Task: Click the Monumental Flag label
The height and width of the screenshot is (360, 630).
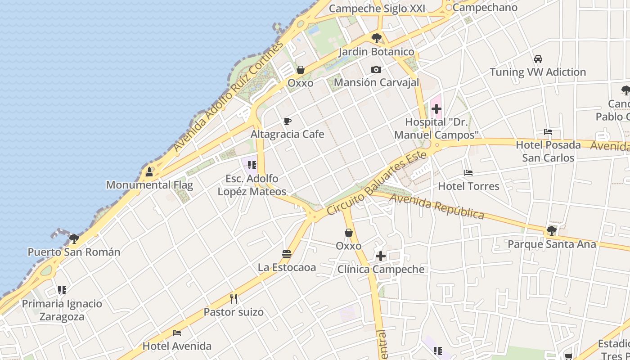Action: [149, 185]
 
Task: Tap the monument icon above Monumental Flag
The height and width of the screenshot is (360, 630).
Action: [149, 171]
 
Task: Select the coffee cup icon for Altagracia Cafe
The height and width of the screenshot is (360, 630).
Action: [287, 121]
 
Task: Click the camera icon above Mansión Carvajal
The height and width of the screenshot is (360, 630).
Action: [376, 69]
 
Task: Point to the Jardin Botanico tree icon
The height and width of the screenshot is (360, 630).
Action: [376, 38]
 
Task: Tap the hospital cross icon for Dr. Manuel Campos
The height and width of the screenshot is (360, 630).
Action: [436, 109]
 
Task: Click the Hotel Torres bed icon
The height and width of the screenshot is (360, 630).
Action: [468, 173]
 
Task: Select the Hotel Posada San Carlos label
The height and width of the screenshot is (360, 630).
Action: [548, 151]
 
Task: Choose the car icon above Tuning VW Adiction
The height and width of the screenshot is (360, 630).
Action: [538, 59]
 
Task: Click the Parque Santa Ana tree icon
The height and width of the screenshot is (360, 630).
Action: [551, 231]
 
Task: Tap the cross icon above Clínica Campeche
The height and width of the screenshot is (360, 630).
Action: [381, 256]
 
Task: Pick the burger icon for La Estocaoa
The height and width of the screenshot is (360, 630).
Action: [287, 254]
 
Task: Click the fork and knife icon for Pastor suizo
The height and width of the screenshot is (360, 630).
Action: [234, 299]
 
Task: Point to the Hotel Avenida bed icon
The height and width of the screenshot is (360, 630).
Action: [177, 333]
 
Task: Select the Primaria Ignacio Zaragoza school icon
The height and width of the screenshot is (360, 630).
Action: [62, 290]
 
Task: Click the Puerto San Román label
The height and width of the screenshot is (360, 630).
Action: [74, 252]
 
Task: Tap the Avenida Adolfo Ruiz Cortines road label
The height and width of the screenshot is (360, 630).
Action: [229, 97]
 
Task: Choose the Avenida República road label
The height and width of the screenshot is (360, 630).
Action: [436, 206]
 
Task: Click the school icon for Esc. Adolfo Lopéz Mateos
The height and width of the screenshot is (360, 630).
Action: [252, 165]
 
